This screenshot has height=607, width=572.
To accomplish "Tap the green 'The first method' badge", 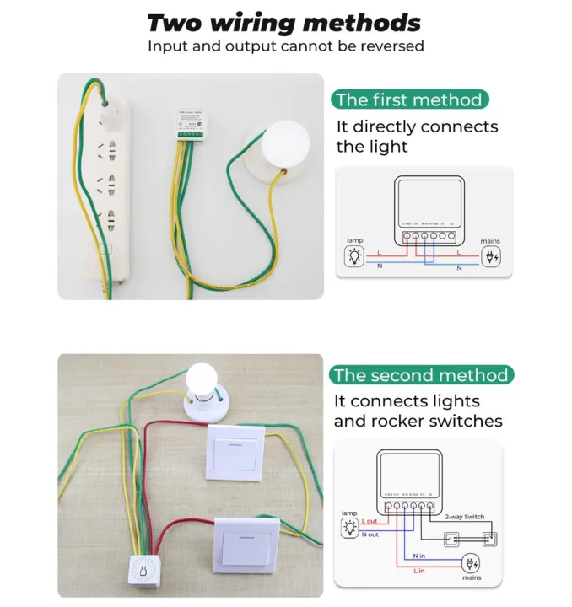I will pos(409,100).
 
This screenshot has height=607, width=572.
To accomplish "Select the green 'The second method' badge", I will pos(421,375).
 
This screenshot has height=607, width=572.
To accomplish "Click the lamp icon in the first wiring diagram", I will pos(355,255).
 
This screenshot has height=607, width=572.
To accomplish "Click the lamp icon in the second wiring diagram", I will pos(350,529).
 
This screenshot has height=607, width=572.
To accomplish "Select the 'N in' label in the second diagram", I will pos(419,556).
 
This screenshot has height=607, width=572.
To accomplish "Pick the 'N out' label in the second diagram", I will pos(370,534).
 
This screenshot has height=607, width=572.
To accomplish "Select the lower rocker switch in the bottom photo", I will pos(246,544).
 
